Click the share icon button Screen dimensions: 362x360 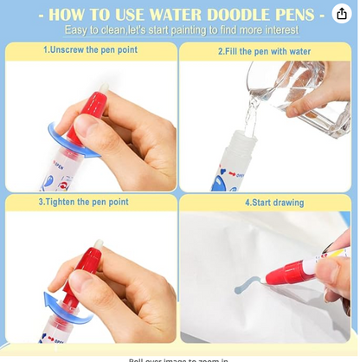[x=341, y=15]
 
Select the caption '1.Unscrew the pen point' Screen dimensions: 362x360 [x=90, y=50]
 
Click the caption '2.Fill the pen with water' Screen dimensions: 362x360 [x=265, y=52]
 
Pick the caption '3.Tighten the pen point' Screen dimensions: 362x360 [x=83, y=202]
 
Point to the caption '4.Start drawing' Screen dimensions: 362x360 [x=274, y=203]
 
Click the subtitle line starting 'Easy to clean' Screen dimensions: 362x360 [x=182, y=29]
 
